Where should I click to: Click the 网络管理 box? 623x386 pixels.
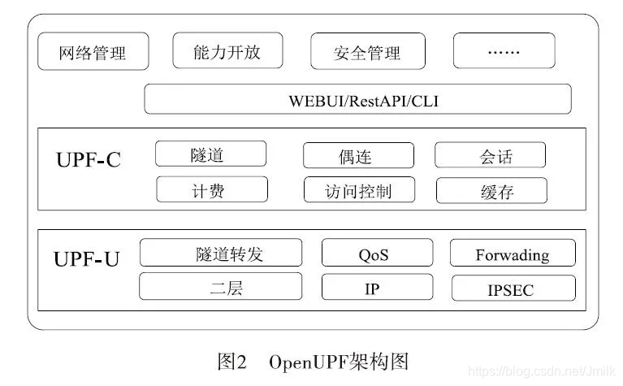(x=93, y=53)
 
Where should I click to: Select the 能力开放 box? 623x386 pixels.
(x=227, y=51)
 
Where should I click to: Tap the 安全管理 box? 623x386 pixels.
(x=367, y=53)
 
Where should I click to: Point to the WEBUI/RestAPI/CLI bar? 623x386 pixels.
(x=357, y=100)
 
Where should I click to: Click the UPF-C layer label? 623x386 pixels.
(x=89, y=159)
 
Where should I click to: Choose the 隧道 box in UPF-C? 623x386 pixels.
(x=210, y=154)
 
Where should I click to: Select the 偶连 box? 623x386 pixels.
(x=358, y=156)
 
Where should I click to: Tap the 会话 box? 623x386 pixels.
(x=490, y=156)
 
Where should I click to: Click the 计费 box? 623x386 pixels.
(x=211, y=190)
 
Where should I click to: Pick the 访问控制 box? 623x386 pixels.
(x=359, y=190)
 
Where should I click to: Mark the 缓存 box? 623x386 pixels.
(x=491, y=191)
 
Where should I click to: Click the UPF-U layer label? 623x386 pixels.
(x=87, y=259)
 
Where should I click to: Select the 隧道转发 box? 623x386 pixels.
(x=220, y=254)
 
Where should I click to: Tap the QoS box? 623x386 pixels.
(x=374, y=254)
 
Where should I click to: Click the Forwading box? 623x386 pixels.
(x=513, y=254)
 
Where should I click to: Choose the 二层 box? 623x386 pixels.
(x=220, y=287)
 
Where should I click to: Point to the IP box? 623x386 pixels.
(x=373, y=288)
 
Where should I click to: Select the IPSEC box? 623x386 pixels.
(x=513, y=288)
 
